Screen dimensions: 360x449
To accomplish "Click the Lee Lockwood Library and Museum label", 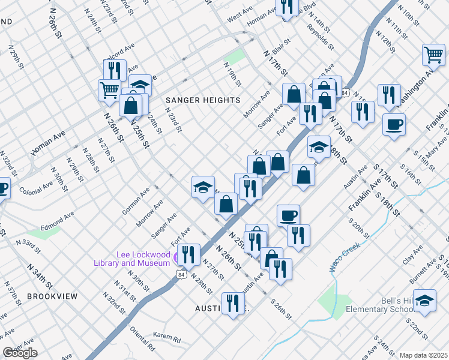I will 132,259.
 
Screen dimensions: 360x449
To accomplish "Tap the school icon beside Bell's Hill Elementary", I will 424,300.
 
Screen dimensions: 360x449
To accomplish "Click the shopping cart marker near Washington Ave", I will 433,55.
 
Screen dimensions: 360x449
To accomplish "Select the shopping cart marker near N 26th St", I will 109,90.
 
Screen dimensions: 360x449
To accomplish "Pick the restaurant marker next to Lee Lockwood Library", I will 189,254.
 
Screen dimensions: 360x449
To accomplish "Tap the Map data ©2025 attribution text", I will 423,355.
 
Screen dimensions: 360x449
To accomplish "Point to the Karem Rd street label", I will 166,340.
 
